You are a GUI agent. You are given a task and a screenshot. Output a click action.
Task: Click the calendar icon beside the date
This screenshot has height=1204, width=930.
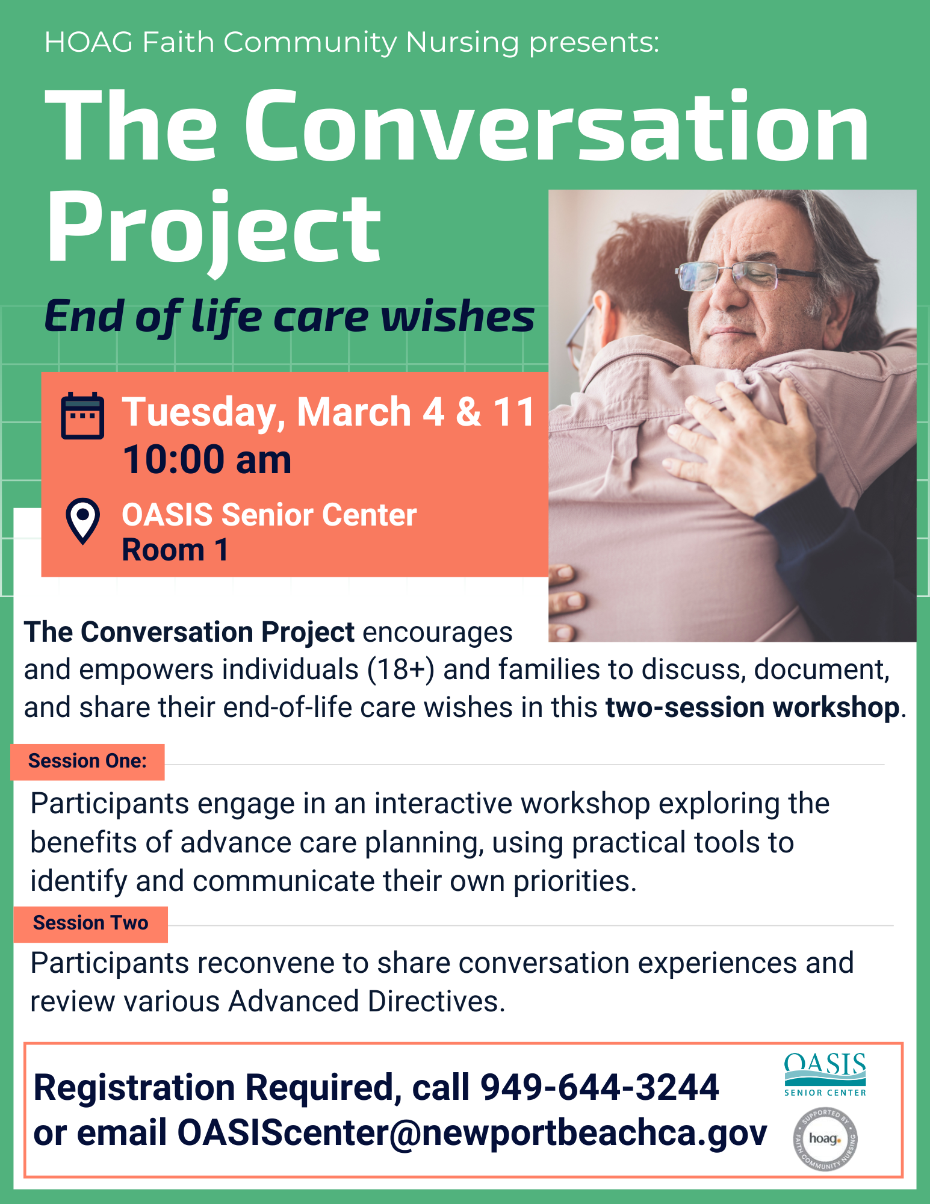tap(82, 416)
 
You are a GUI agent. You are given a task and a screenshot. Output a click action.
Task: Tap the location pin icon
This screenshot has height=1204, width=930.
tap(82, 521)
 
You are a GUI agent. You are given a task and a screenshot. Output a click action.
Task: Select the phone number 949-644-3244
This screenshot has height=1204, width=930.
tap(600, 1087)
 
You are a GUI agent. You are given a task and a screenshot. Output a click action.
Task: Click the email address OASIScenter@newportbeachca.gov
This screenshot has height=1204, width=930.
tap(472, 1133)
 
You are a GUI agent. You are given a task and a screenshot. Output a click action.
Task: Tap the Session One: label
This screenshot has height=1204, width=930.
tap(88, 762)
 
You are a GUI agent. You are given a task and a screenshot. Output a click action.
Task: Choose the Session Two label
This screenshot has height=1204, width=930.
tap(91, 923)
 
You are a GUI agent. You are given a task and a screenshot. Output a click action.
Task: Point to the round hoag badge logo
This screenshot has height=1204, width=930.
tap(825, 1139)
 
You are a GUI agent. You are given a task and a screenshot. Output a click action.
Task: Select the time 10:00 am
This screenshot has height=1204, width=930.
tap(207, 460)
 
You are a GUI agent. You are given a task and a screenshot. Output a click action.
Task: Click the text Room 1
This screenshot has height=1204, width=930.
tap(175, 550)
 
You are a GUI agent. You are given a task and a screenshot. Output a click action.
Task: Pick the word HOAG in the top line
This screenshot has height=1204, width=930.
tap(88, 42)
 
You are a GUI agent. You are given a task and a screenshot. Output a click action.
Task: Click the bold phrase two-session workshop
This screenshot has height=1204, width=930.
tap(752, 707)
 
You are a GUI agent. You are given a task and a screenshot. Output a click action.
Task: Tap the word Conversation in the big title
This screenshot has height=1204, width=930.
tap(557, 126)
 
